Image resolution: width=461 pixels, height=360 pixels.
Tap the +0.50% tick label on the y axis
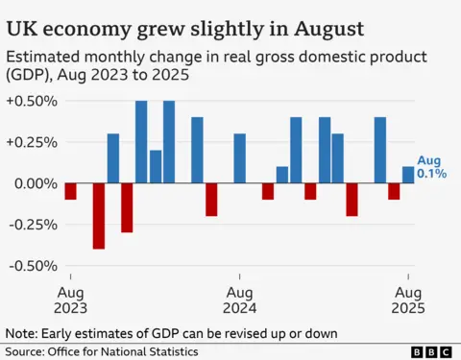click(x=32, y=101)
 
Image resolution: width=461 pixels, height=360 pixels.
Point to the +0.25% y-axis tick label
click(x=32, y=142)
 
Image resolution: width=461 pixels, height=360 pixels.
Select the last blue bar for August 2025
click(x=408, y=175)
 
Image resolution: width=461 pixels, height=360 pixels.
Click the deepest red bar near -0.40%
click(x=99, y=216)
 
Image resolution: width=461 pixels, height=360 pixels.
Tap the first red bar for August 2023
click(x=70, y=191)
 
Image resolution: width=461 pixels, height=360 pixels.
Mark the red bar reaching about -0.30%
click(x=127, y=207)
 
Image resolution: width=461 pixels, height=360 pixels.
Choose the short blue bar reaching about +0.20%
click(x=156, y=167)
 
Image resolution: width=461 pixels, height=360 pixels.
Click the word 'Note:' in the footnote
click(x=23, y=332)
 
